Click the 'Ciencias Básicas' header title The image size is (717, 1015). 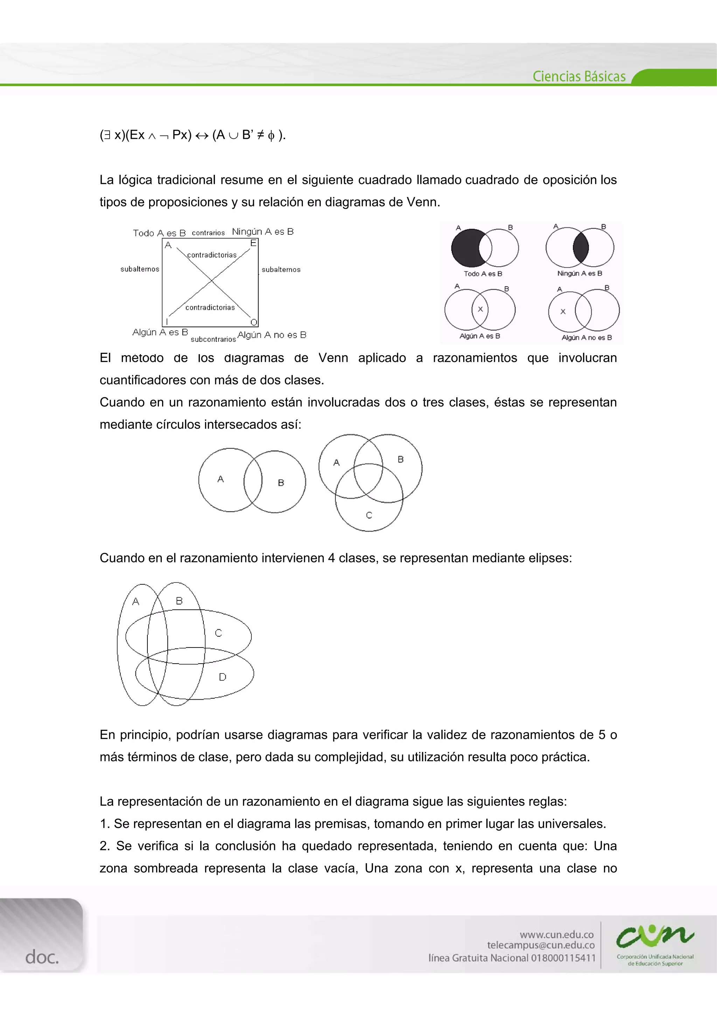coord(579,76)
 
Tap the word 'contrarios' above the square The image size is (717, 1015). coord(208,233)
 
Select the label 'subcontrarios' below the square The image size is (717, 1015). coord(213,340)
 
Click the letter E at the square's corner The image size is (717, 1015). coord(253,243)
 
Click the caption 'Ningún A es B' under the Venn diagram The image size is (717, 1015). coord(580,274)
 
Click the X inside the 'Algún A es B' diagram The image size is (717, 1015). coord(480,309)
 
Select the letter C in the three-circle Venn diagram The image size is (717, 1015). coord(369,515)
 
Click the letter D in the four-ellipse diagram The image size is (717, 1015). coord(223,677)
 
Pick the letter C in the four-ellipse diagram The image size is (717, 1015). coord(218,633)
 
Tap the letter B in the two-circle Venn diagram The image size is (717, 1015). coord(281,483)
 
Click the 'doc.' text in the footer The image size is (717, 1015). coord(42,957)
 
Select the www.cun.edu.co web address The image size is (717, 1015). coord(557,934)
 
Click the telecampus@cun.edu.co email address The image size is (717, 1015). coord(541,945)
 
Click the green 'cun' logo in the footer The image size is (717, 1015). coord(655,936)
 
